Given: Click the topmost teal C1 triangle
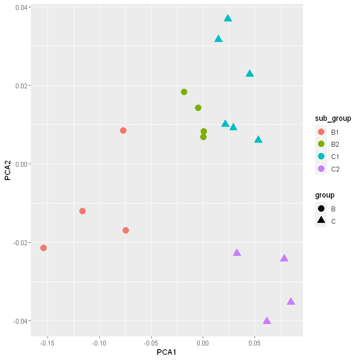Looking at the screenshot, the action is coord(228,18).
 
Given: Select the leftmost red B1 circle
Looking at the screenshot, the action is coord(43,248).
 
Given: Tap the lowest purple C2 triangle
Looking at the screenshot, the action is coord(267,321).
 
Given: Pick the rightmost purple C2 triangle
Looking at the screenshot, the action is coord(291,301).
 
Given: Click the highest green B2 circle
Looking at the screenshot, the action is coord(184,92).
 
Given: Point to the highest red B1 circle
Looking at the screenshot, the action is coord(123,131).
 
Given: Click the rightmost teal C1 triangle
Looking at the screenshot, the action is coord(258,139).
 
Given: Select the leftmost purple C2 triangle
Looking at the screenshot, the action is coord(237,253).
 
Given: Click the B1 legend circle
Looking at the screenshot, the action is coord(321,132).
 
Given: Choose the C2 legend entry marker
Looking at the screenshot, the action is coord(321,169).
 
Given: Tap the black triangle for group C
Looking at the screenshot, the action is coord(321,220).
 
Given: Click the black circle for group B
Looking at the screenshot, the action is coord(321,208).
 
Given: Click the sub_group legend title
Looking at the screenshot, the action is coord(333,118).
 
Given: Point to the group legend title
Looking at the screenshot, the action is coord(325,195).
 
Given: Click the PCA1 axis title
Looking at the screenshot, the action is coord(166,352).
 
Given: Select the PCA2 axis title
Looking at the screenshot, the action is coord(8,171).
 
